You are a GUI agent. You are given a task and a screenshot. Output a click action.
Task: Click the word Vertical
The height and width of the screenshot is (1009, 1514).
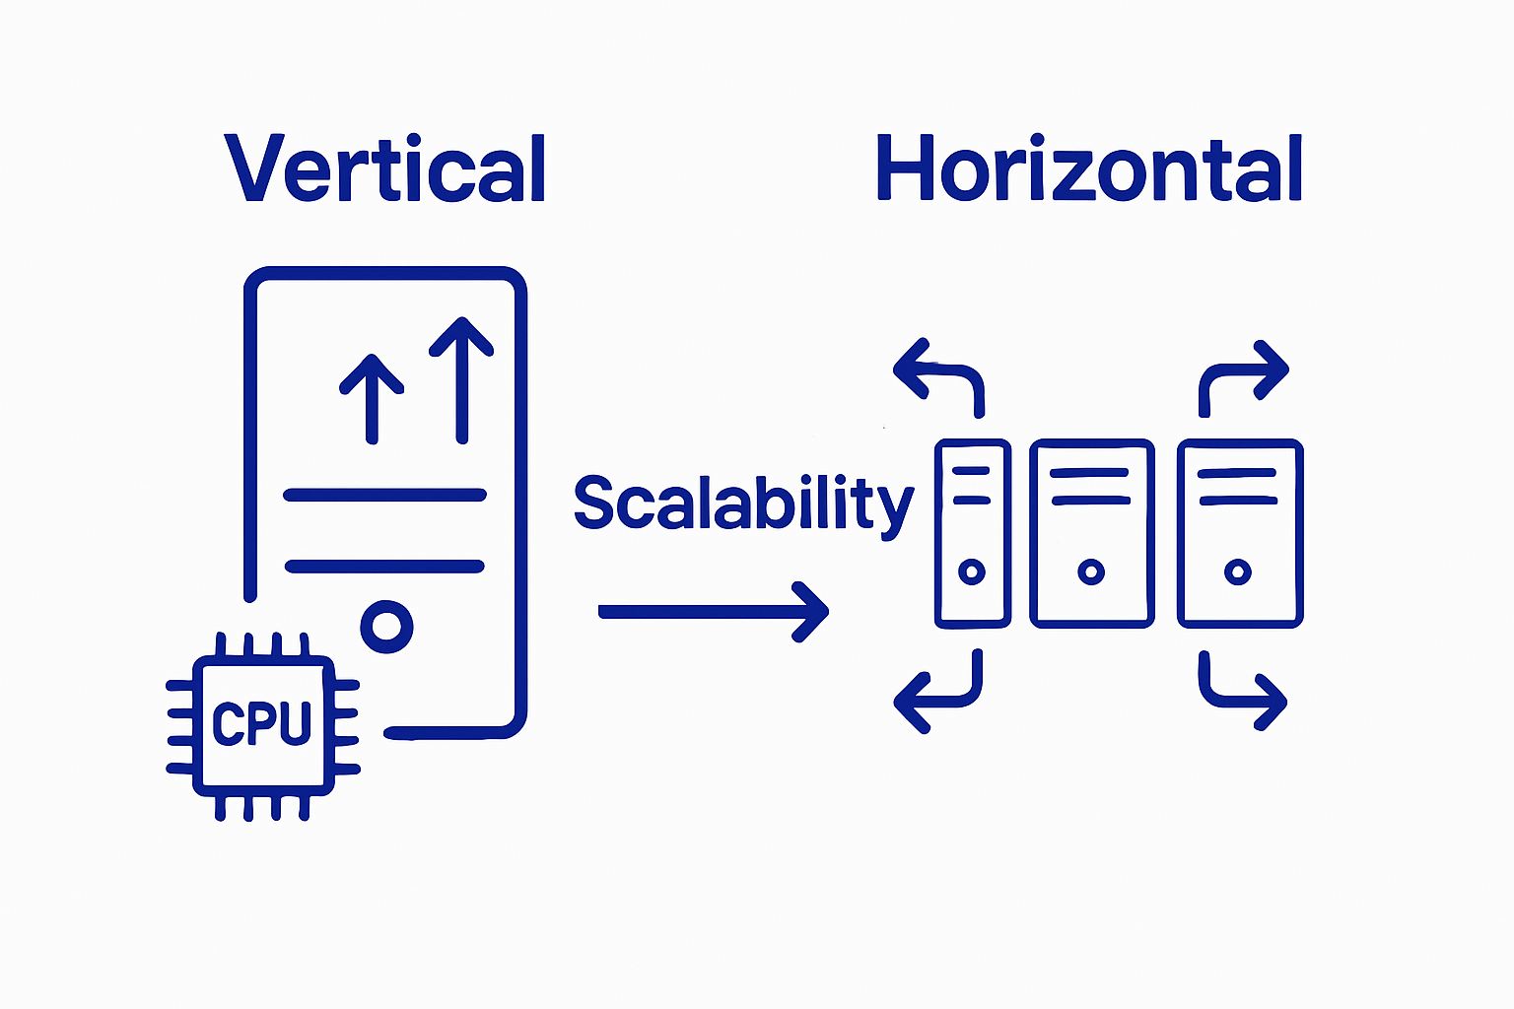[386, 169]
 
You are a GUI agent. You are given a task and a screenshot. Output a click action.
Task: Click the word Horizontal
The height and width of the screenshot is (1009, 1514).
[1089, 169]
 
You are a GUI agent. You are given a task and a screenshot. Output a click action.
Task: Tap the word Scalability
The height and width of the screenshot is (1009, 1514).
[743, 504]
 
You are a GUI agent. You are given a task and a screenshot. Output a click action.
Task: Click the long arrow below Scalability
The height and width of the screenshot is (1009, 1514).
[714, 612]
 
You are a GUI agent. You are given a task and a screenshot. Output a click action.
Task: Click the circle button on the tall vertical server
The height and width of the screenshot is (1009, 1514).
[386, 625]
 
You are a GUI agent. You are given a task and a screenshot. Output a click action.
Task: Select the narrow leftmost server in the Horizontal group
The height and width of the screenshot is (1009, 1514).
[972, 533]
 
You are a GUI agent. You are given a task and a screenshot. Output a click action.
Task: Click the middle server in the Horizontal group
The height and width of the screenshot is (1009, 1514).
[1091, 533]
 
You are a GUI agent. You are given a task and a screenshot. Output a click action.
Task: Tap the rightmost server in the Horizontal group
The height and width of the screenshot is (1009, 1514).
[1240, 533]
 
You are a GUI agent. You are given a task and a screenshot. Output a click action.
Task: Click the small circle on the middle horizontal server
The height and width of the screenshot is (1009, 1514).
[1091, 572]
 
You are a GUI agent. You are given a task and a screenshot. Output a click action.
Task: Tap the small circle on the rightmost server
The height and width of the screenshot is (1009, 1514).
[1238, 572]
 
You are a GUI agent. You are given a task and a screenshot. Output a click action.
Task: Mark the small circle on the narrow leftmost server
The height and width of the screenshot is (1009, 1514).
[972, 572]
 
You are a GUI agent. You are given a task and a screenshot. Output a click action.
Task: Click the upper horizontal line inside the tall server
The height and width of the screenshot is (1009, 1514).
[384, 495]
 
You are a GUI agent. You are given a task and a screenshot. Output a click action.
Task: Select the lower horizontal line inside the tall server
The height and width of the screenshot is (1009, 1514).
[384, 566]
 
